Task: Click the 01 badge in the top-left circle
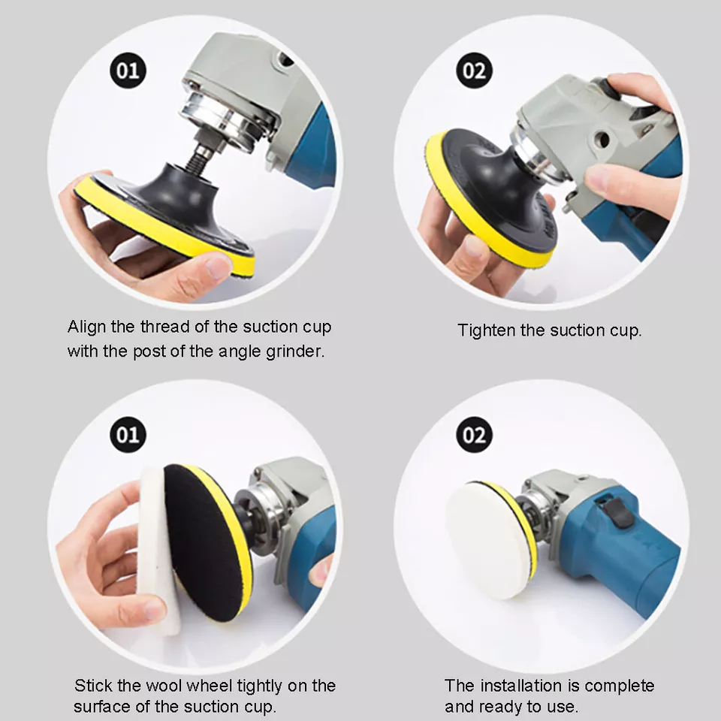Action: pos(128,71)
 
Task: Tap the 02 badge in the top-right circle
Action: pos(474,71)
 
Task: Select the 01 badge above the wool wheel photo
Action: pos(128,435)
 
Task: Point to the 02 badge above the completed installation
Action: pos(474,435)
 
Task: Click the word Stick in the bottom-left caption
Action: pos(93,685)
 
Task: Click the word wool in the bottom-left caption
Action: pos(165,685)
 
